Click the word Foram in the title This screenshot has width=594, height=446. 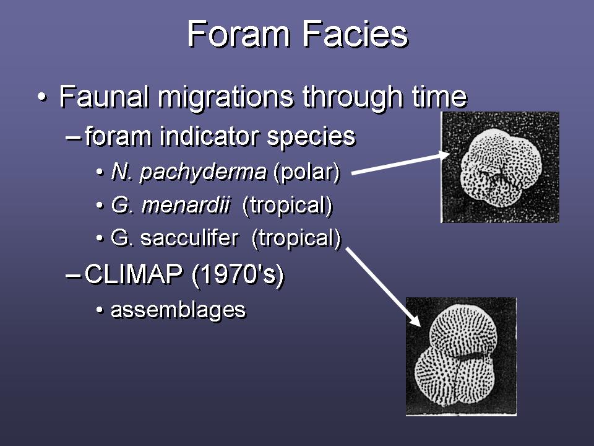238,33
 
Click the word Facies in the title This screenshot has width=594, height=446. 355,33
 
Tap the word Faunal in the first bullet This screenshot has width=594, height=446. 104,97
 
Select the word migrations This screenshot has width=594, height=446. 226,97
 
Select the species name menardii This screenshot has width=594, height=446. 186,206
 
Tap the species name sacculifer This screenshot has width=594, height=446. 190,238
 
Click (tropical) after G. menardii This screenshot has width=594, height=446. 287,206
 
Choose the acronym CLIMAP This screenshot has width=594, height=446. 134,274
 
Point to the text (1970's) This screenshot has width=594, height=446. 238,274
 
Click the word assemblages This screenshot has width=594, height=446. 178,310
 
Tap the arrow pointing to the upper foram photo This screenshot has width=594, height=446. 401,163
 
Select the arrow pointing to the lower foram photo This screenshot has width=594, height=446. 384,287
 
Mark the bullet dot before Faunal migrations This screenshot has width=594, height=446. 43,98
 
